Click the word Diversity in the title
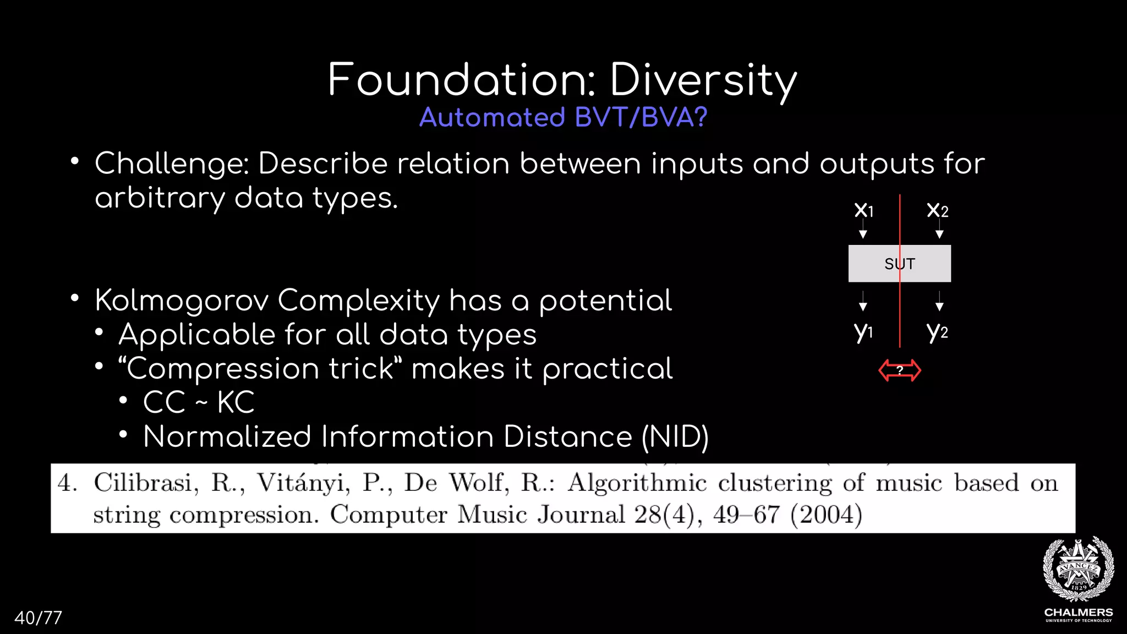tap(703, 80)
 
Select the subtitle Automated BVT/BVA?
tap(563, 117)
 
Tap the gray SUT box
tap(899, 264)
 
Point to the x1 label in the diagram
tap(863, 210)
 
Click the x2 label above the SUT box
tap(937, 210)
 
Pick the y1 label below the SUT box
tap(863, 331)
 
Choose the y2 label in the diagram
tap(937, 331)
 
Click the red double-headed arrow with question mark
tap(899, 370)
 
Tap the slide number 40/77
tap(38, 617)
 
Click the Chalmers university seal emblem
tap(1078, 570)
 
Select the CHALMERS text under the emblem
tap(1078, 613)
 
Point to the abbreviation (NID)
tap(675, 437)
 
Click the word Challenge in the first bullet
tap(172, 164)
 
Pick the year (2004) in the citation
tap(825, 515)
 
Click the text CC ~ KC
tap(199, 402)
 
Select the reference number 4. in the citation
tap(68, 483)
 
